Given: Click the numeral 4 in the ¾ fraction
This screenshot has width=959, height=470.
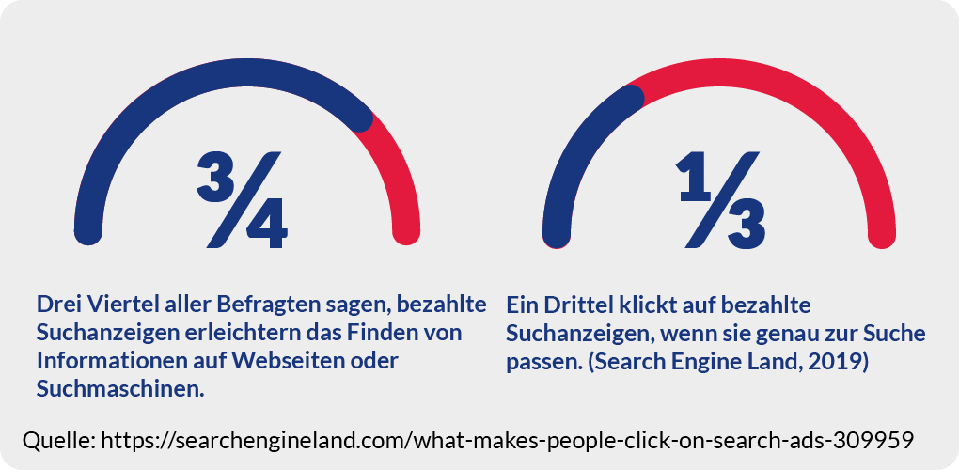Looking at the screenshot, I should tap(264, 225).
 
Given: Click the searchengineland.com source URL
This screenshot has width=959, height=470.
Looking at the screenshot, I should tap(508, 440).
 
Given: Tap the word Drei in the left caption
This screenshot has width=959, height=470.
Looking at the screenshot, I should tap(57, 305).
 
